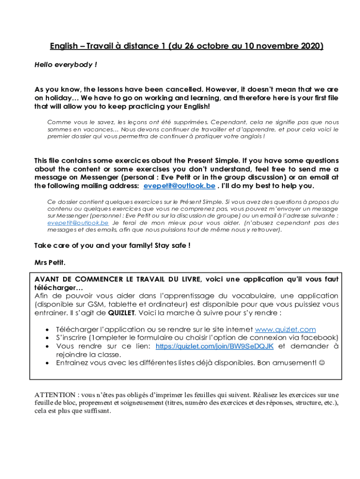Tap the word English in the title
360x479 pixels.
[64, 46]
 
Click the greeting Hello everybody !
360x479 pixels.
[65, 65]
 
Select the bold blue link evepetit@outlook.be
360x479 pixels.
[179, 186]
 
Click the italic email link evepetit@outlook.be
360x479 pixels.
[78, 223]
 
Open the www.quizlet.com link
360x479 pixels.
[285, 330]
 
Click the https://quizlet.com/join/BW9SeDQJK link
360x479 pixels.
[214, 346]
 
